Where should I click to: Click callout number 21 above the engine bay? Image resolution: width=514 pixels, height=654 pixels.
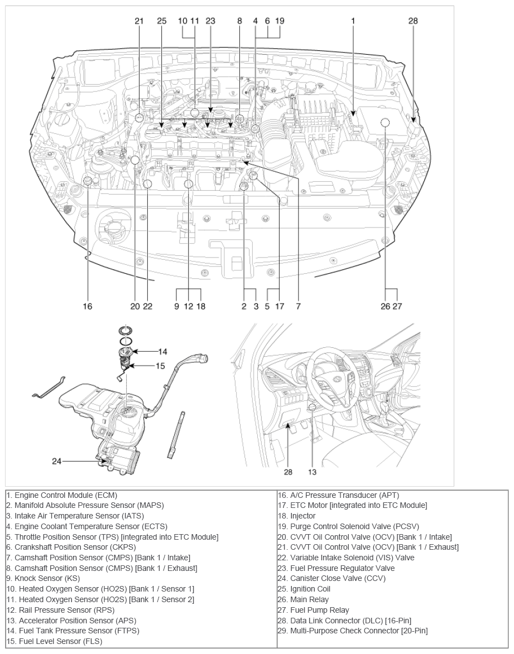pyautogui.click(x=139, y=21)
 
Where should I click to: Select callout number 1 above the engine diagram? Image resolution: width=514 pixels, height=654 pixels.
pyautogui.click(x=353, y=21)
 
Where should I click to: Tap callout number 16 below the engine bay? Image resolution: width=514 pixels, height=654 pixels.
pyautogui.click(x=88, y=306)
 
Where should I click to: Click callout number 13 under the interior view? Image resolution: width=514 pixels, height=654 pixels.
pyautogui.click(x=312, y=472)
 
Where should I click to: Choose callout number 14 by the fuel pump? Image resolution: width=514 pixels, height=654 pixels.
pyautogui.click(x=162, y=352)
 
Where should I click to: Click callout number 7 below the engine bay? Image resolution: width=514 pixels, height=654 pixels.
pyautogui.click(x=299, y=306)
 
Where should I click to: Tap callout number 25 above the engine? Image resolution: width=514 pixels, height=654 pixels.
pyautogui.click(x=161, y=21)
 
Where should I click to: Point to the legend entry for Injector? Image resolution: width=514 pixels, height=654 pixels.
pyautogui.click(x=302, y=516)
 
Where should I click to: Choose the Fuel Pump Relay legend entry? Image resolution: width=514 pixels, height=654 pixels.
pyautogui.click(x=319, y=610)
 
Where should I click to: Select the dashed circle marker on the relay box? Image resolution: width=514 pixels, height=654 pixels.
pyautogui.click(x=385, y=123)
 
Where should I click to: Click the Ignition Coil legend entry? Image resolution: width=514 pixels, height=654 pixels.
pyautogui.click(x=310, y=589)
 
